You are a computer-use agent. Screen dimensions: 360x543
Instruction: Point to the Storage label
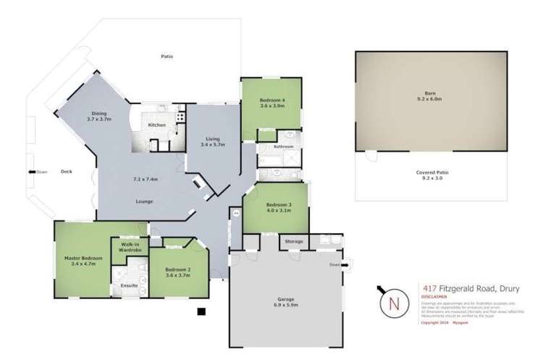point(293,240)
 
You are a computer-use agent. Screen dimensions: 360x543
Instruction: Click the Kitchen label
point(157,125)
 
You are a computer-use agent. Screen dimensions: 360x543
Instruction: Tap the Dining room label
point(99,114)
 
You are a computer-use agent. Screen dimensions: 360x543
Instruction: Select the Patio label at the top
point(167,56)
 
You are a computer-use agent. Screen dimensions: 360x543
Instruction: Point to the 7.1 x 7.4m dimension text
point(145,178)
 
